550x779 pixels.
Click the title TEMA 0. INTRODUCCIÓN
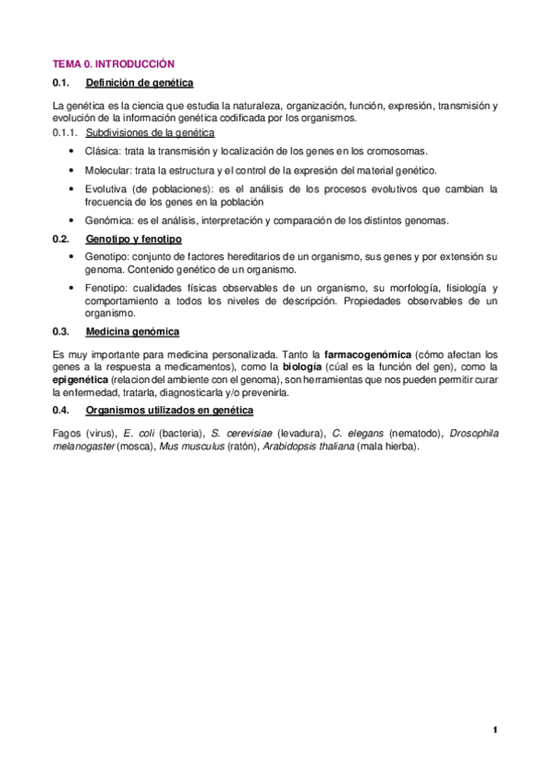click(x=113, y=65)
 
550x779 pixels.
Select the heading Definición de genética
click(x=138, y=85)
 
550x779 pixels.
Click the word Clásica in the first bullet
click(x=100, y=152)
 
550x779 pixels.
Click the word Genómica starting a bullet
click(x=106, y=220)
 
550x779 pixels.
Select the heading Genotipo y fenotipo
click(x=134, y=239)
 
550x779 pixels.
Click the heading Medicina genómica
click(x=132, y=332)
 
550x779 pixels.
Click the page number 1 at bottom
click(x=494, y=730)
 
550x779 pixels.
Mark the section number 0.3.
click(x=62, y=332)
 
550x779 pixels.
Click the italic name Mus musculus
click(x=187, y=446)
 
